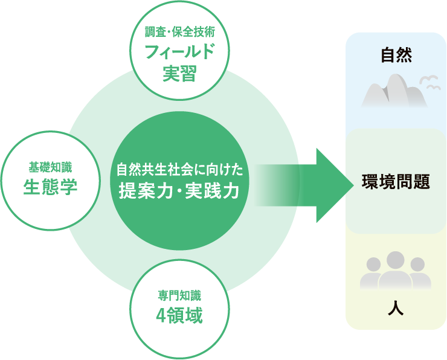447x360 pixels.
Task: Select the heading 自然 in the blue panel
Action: coord(396,56)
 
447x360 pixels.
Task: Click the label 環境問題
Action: coord(396,181)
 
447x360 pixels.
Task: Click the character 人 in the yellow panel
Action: coord(396,308)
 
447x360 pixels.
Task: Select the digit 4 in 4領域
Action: coord(161,316)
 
